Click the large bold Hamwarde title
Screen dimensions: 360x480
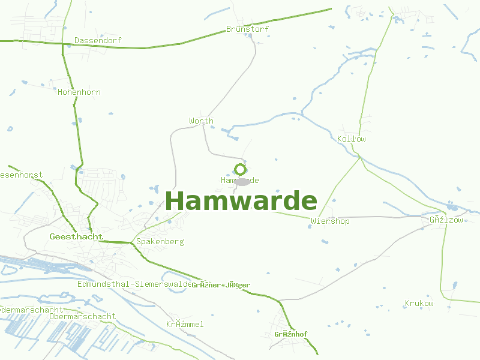coord(241,201)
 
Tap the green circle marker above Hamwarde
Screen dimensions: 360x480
coord(240,169)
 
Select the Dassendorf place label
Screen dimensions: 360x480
coord(98,41)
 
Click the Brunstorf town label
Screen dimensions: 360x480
coord(247,29)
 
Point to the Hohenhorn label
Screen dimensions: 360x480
coord(79,92)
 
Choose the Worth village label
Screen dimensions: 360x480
coord(201,121)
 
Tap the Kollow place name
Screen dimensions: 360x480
coord(352,139)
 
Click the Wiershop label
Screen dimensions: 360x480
coord(330,221)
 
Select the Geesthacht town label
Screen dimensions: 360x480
coord(76,237)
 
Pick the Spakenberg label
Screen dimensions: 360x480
coord(160,242)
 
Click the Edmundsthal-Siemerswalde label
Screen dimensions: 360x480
coord(134,284)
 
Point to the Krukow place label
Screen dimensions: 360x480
coord(419,304)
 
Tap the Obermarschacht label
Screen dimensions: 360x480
coord(82,316)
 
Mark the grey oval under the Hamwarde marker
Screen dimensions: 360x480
coord(242,181)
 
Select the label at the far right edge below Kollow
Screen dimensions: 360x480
coord(446,220)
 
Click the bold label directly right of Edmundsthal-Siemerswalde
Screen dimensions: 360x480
coord(221,285)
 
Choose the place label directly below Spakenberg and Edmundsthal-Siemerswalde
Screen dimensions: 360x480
coord(185,325)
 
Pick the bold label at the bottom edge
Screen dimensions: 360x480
coord(291,334)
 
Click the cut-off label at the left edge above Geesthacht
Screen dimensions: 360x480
coord(21,175)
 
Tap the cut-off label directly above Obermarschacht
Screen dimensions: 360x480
coord(31,310)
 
